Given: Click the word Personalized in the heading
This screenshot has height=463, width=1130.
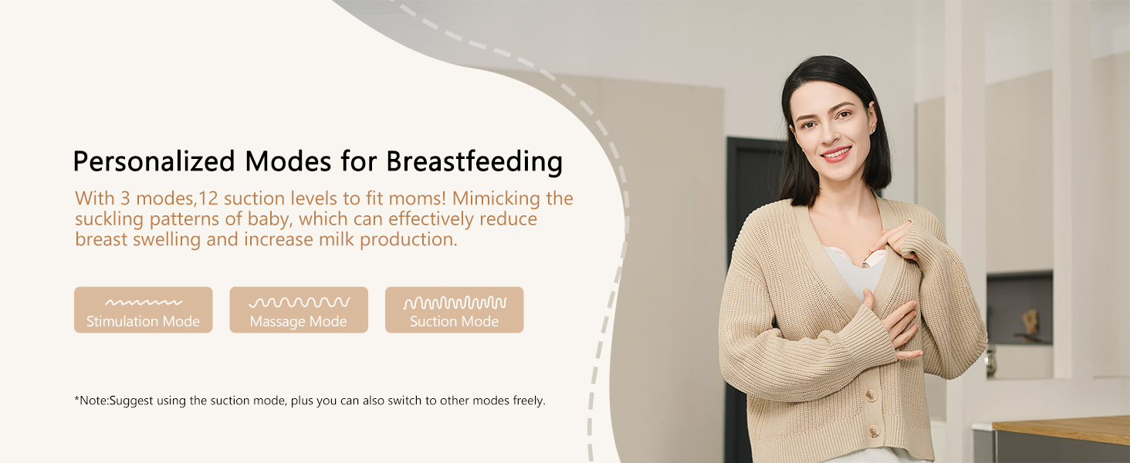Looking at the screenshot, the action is pos(154,162).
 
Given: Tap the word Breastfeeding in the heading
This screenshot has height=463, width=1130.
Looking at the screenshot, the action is pos(474,162).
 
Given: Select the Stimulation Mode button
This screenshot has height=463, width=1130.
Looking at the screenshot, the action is pos(144,309).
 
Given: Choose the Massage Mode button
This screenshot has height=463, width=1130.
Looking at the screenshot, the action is pos(299,309).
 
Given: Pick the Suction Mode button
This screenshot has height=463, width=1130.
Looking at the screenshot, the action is pos(454,309).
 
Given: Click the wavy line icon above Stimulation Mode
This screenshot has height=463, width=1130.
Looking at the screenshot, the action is pos(144,302).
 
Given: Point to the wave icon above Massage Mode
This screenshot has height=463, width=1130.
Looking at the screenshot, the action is pos(299,302).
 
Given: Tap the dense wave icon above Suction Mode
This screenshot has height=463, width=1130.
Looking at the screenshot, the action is pos(455,302).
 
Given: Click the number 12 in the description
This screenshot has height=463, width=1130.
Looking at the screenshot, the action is pos(208,199).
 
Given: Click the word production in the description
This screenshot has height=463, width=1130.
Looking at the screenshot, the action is pos(408,240).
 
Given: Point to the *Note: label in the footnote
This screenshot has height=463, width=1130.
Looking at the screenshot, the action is pos(92,400).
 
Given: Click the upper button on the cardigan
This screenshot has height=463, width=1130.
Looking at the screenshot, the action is pos(871,395).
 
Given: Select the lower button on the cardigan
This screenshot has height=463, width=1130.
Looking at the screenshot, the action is pos(873,431).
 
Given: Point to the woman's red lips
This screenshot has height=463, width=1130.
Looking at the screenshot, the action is pos(837,154).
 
